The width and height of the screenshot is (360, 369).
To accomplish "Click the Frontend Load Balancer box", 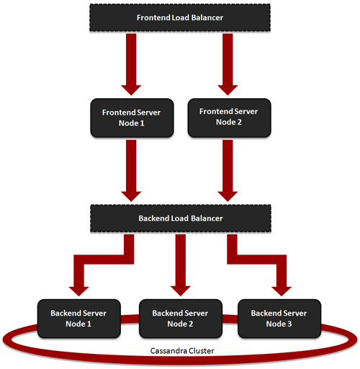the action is [180, 17].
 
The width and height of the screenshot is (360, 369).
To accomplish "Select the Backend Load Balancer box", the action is [181, 218].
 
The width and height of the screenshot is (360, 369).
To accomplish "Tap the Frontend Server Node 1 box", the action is [132, 117].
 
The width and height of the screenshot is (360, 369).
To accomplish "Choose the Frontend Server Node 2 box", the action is [230, 117].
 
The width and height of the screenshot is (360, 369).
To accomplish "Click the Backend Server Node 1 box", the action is [79, 319].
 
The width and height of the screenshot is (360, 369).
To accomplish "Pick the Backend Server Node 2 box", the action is [181, 319].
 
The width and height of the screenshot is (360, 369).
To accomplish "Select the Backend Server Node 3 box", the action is [279, 319].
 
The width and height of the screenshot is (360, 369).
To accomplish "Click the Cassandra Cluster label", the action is [182, 351].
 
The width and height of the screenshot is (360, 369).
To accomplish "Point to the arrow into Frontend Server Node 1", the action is [131, 64].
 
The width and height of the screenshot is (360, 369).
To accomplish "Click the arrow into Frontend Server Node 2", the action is [228, 64].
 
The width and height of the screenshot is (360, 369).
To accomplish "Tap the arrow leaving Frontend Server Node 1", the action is [131, 171].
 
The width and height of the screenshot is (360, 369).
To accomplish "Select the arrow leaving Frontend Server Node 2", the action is [228, 171].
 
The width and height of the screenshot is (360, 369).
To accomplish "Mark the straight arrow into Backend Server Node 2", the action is [181, 265].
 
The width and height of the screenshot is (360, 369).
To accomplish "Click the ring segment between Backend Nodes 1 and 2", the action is [130, 319].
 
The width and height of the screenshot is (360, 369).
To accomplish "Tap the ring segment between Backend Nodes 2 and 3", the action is [230, 319].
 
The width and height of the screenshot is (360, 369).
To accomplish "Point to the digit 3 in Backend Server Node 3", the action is [289, 324].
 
